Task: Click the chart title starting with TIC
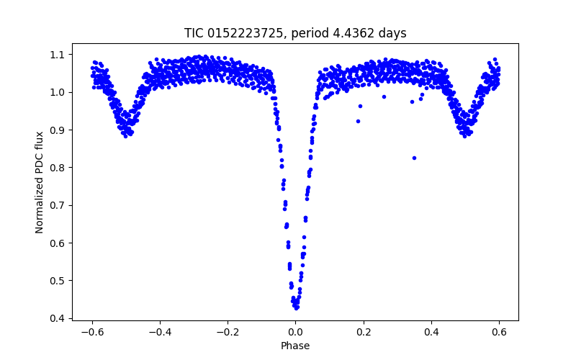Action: pos(295,33)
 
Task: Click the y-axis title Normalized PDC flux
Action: pos(40,181)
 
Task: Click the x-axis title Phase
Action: pos(295,346)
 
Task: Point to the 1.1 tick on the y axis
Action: pos(56,55)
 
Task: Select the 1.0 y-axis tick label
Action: pos(56,92)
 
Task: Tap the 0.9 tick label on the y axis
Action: pos(56,130)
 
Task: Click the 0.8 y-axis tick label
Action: pos(56,168)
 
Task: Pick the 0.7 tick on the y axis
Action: pos(56,205)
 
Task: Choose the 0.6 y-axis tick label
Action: pos(56,243)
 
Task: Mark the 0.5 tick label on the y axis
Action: pos(56,281)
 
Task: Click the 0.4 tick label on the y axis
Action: pos(56,318)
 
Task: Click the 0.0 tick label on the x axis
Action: pos(295,333)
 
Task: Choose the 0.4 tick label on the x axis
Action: pos(431,333)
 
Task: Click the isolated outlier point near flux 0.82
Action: pos(414,158)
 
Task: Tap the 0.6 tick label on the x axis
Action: pos(499,333)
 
